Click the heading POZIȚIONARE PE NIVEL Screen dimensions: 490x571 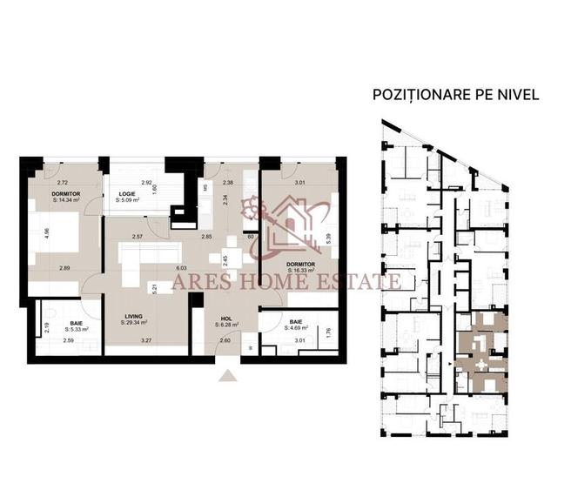(455, 94)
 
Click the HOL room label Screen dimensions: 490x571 (225, 318)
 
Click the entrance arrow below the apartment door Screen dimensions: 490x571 (227, 376)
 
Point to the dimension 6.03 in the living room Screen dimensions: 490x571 (180, 269)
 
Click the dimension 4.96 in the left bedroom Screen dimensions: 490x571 (34, 234)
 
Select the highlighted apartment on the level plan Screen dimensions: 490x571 (482, 352)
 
